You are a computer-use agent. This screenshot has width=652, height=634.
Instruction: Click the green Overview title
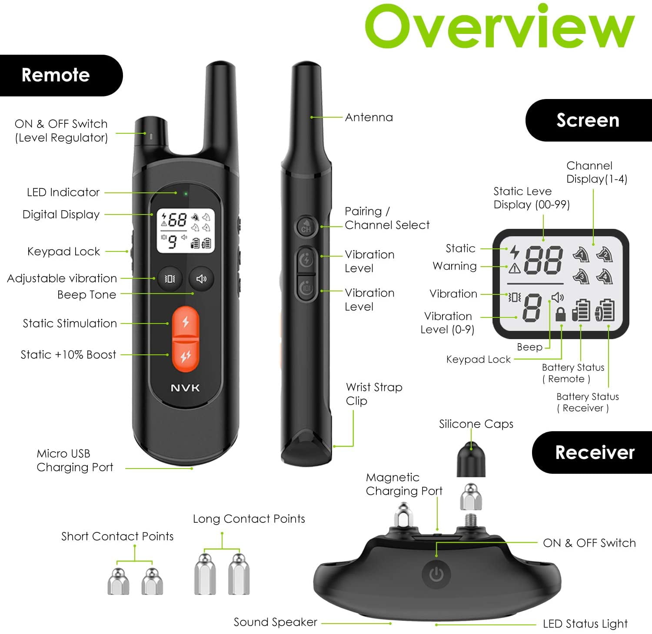(x=499, y=27)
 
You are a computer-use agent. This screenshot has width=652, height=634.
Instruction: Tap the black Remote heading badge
(x=61, y=75)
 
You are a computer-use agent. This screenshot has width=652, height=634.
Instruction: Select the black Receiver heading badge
(x=592, y=452)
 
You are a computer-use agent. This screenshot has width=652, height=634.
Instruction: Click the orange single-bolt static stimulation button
(x=186, y=322)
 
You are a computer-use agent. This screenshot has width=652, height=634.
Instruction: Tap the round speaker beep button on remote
(x=201, y=279)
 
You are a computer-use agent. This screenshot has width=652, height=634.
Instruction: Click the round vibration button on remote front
(x=170, y=279)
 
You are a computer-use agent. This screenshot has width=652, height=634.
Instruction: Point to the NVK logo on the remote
(x=185, y=388)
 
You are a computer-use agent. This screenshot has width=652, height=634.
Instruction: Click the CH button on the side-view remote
(x=306, y=227)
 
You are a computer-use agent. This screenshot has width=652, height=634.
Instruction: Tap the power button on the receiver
(x=436, y=574)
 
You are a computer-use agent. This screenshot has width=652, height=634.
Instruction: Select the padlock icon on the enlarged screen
(x=561, y=314)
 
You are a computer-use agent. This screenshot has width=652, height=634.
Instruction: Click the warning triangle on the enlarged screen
(x=515, y=268)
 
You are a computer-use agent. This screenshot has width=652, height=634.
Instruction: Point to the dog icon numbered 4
(x=604, y=276)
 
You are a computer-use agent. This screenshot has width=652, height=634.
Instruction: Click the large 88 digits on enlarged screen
(x=543, y=260)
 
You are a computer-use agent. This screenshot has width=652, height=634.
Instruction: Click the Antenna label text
(x=369, y=117)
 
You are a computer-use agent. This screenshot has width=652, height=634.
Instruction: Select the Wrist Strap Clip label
(x=374, y=394)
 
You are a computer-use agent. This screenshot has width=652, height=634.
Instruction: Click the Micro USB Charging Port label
(x=75, y=460)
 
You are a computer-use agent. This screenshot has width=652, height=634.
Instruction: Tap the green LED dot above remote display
(x=186, y=194)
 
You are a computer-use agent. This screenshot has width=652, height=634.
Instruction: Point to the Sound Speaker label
(x=275, y=622)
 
